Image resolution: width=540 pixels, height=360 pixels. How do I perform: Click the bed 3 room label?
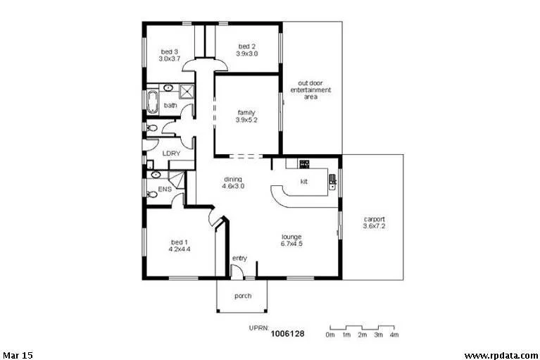[x=170, y=56]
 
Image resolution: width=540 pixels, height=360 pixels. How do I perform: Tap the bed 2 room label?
[x=246, y=50]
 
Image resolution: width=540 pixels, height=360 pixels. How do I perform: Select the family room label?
[x=246, y=116]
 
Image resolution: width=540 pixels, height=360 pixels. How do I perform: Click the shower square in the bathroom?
[x=187, y=91]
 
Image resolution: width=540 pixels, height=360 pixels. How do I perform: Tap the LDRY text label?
[x=171, y=153]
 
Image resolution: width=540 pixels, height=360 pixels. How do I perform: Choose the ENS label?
[x=165, y=190]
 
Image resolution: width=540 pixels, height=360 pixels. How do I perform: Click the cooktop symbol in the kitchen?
[x=304, y=164]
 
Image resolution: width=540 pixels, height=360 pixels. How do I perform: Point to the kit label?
[x=304, y=181]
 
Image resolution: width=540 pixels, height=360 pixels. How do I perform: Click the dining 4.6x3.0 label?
[x=233, y=182]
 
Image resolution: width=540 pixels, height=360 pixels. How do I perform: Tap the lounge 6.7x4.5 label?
[x=291, y=240]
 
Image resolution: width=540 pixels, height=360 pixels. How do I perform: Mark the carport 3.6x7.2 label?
[x=374, y=222]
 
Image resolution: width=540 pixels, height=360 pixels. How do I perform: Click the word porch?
[x=242, y=296]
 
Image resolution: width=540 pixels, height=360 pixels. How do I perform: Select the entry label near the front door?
[x=239, y=259]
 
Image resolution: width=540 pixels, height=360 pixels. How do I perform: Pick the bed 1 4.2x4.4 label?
[x=180, y=245]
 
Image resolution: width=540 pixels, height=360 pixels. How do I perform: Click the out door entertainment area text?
[x=310, y=90]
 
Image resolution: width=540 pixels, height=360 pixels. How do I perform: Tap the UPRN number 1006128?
[x=287, y=334]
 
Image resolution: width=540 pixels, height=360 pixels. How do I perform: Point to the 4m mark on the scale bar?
[x=394, y=335]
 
